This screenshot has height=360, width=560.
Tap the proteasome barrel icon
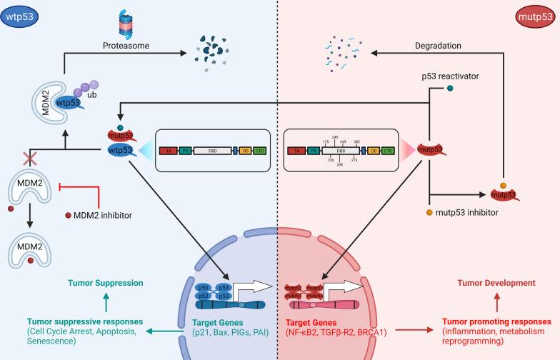pos(125,27)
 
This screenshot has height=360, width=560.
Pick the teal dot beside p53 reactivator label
pos(450,89)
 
